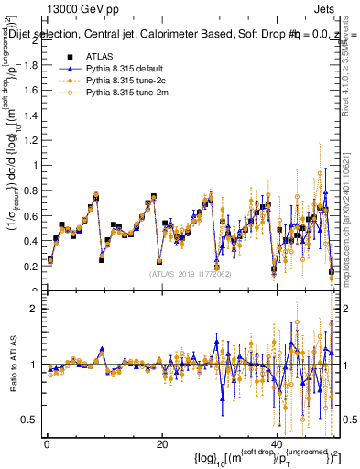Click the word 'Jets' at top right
[326, 7]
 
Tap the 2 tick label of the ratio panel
[36, 309]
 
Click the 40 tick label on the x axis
[276, 444]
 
